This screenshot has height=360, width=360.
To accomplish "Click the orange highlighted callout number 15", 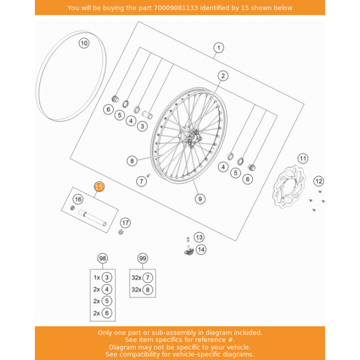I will point(99,187).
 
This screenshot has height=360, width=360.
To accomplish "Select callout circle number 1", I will point(218,48).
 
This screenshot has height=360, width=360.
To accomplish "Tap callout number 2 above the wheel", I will point(223,76).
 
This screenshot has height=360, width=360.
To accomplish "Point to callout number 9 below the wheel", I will point(199,198).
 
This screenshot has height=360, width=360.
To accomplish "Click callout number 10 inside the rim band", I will point(83,43).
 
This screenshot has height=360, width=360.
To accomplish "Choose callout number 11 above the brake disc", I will point(302,159).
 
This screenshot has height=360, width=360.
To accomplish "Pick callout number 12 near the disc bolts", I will point(318,181).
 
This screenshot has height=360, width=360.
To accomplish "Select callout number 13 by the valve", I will point(199,237).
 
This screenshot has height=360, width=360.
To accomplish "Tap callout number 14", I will point(200,250).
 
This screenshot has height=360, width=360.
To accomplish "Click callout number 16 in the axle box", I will point(78,199).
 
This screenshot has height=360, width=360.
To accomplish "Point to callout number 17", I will point(126,223).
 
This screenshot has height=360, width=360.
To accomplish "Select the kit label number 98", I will point(102,259).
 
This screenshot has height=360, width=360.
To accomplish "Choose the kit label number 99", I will point(143,259).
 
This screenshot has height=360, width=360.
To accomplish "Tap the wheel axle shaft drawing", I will point(92,218).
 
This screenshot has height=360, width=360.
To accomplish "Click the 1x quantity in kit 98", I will point(97,277).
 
